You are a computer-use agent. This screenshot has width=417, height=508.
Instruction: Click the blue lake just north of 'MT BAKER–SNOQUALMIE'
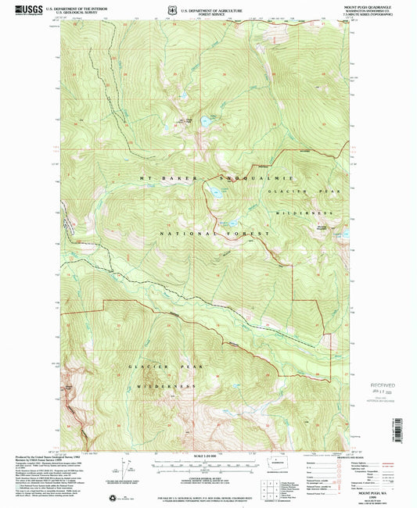205,121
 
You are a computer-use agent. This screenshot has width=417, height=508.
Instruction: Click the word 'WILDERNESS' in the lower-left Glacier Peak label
163,387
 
